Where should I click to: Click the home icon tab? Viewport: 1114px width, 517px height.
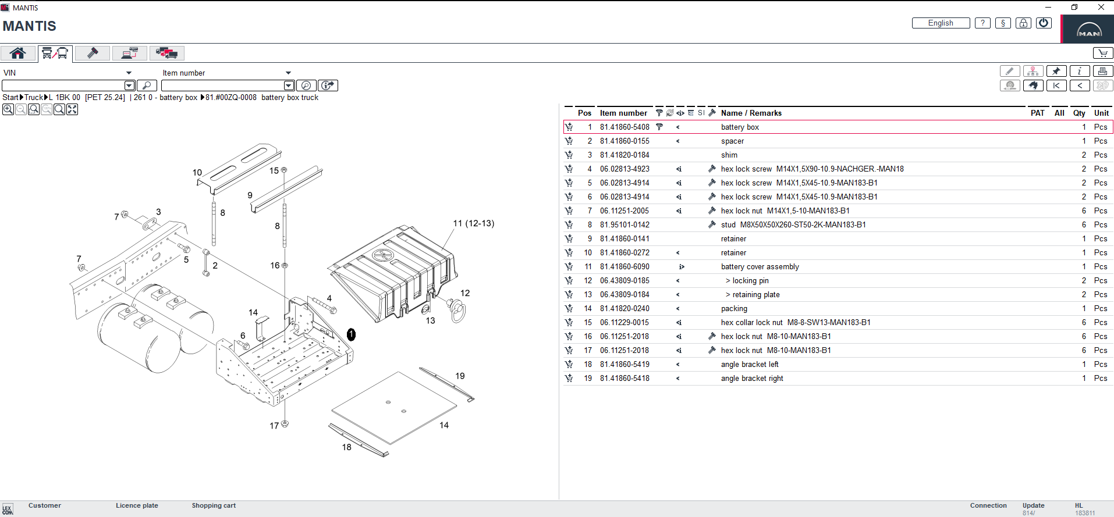17,53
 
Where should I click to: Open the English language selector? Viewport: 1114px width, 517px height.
941,23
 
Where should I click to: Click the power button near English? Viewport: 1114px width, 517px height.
1044,23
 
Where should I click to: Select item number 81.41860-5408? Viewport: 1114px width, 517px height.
625,127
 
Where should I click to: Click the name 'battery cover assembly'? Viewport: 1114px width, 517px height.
760,267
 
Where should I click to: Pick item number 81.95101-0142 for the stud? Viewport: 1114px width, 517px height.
625,225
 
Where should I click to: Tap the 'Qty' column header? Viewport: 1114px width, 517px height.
1079,113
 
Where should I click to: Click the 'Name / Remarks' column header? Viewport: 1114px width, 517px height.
751,113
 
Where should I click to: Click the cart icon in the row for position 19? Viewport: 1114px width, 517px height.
569,379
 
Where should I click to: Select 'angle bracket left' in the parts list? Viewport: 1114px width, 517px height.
749,365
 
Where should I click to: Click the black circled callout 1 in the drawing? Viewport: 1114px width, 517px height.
351,334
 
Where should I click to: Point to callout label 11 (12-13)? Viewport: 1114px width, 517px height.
473,223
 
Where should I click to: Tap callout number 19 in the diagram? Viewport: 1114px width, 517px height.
460,376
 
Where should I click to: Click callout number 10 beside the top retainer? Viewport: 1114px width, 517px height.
197,173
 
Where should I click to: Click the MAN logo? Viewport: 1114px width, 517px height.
1088,30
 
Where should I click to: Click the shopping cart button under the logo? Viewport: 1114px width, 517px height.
1102,53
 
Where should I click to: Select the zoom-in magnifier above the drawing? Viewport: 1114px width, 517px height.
8,109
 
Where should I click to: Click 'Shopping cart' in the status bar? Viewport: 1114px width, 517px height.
214,505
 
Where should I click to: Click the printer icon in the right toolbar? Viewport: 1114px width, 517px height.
1102,71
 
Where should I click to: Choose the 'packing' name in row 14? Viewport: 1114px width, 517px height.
733,309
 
